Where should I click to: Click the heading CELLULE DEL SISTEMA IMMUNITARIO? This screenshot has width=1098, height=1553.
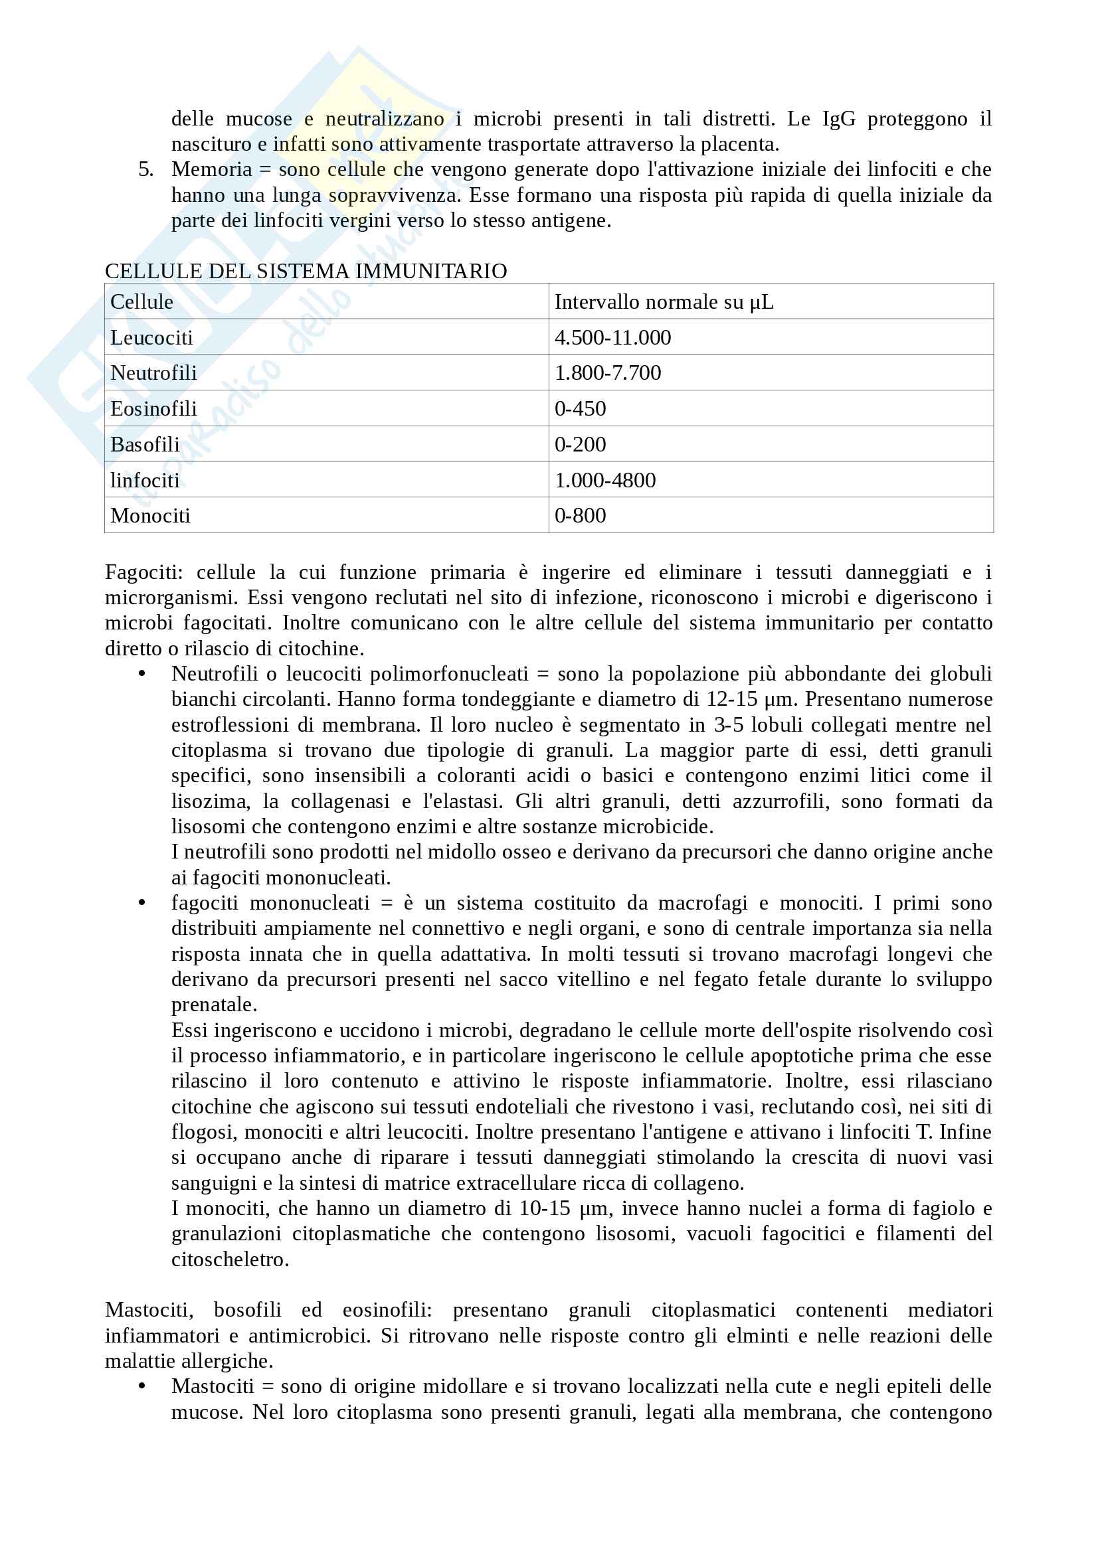306,272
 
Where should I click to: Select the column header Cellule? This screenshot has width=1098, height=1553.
141,301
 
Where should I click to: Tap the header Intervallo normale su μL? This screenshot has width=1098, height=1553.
664,301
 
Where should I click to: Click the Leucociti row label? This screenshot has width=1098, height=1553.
151,337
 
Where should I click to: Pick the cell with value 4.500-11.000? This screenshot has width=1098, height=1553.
612,337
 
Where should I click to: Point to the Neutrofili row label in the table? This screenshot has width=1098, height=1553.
153,372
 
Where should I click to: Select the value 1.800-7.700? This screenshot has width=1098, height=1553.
608,372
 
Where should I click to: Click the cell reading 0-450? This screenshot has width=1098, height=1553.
580,408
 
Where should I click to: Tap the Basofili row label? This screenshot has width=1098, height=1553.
145,444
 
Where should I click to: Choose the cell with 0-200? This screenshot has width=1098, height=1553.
580,444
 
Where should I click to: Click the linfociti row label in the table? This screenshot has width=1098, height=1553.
145,480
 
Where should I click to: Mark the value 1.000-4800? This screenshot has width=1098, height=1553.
605,480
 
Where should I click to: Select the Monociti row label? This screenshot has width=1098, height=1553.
150,515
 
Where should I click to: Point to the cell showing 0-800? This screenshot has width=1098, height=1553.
580,515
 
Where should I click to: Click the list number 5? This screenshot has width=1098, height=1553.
145,169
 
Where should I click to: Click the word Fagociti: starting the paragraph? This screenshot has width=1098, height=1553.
143,572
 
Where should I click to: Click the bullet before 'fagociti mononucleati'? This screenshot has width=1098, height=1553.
142,903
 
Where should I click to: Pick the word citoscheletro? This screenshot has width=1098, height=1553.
230,1260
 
